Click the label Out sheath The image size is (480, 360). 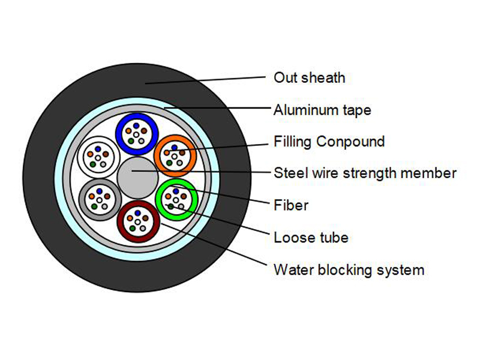pyautogui.click(x=309, y=77)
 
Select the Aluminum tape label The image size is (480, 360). pyautogui.click(x=322, y=110)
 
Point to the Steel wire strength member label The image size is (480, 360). pyautogui.click(x=365, y=173)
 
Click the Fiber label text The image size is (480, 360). pyautogui.click(x=290, y=205)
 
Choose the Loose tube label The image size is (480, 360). pyautogui.click(x=311, y=238)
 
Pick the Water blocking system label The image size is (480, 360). pyautogui.click(x=349, y=270)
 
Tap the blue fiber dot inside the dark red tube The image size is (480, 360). pyautogui.click(x=137, y=213)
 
